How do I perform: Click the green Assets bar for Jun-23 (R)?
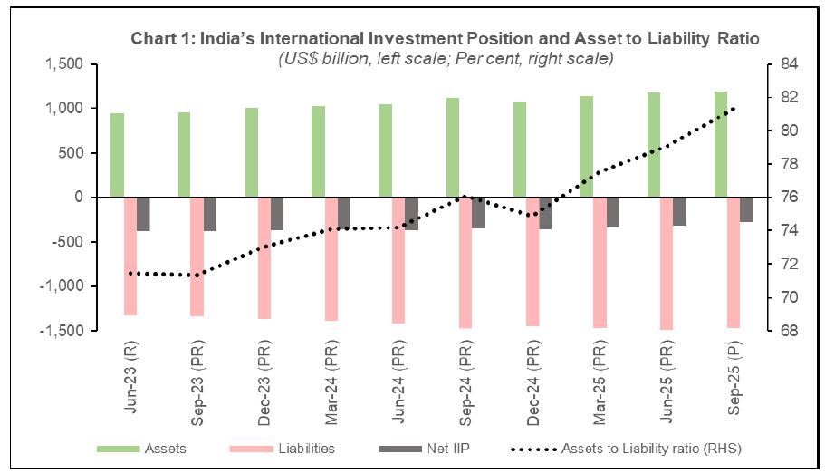(x=117, y=155)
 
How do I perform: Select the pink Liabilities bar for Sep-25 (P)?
(x=733, y=262)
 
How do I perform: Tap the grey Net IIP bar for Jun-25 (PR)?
(x=679, y=211)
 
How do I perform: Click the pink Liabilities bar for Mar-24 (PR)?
(x=331, y=258)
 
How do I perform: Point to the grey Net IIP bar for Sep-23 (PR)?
(x=210, y=214)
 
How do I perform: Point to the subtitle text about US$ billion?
(x=446, y=59)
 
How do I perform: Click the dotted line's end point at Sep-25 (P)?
(x=733, y=108)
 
